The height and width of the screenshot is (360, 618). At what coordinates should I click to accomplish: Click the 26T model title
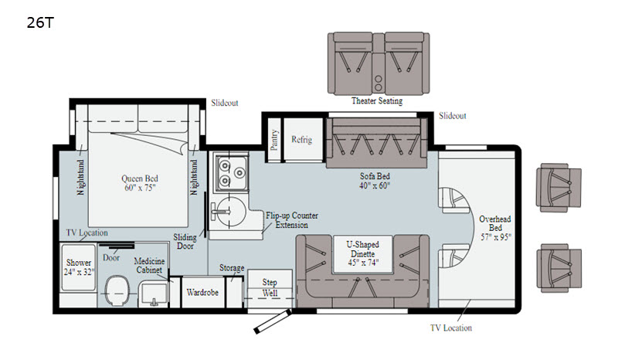click(x=40, y=23)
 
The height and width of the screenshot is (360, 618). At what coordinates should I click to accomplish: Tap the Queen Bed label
click(x=140, y=183)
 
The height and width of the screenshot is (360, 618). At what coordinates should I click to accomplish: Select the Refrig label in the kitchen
click(x=301, y=140)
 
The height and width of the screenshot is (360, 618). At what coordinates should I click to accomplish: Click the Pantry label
click(x=274, y=140)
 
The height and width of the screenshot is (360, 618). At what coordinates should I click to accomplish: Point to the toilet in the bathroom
click(x=117, y=290)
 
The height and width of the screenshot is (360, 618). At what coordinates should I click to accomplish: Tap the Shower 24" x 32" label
click(x=79, y=267)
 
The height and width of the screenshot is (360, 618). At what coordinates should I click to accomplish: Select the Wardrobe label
click(x=202, y=293)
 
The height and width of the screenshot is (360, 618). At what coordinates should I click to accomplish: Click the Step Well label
click(x=270, y=287)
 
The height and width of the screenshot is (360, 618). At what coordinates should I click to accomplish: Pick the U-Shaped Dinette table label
click(x=362, y=253)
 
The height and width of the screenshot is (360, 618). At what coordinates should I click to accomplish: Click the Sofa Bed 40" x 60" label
click(x=375, y=181)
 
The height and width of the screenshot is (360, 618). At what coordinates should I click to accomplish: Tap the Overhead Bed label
click(x=495, y=228)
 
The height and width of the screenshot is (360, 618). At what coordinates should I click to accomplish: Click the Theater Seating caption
click(x=377, y=100)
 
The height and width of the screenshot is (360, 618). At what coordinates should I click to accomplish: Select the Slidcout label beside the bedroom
click(x=224, y=103)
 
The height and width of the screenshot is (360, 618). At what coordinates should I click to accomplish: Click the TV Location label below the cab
click(x=451, y=328)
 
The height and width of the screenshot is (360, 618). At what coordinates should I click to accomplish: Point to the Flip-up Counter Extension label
click(x=292, y=220)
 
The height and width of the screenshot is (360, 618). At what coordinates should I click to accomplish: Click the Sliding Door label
click(x=185, y=242)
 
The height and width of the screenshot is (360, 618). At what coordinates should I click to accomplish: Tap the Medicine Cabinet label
click(x=149, y=266)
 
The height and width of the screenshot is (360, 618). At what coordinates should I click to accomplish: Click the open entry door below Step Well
click(x=273, y=321)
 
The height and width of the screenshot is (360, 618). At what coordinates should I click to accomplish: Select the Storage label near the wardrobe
click(x=232, y=268)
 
